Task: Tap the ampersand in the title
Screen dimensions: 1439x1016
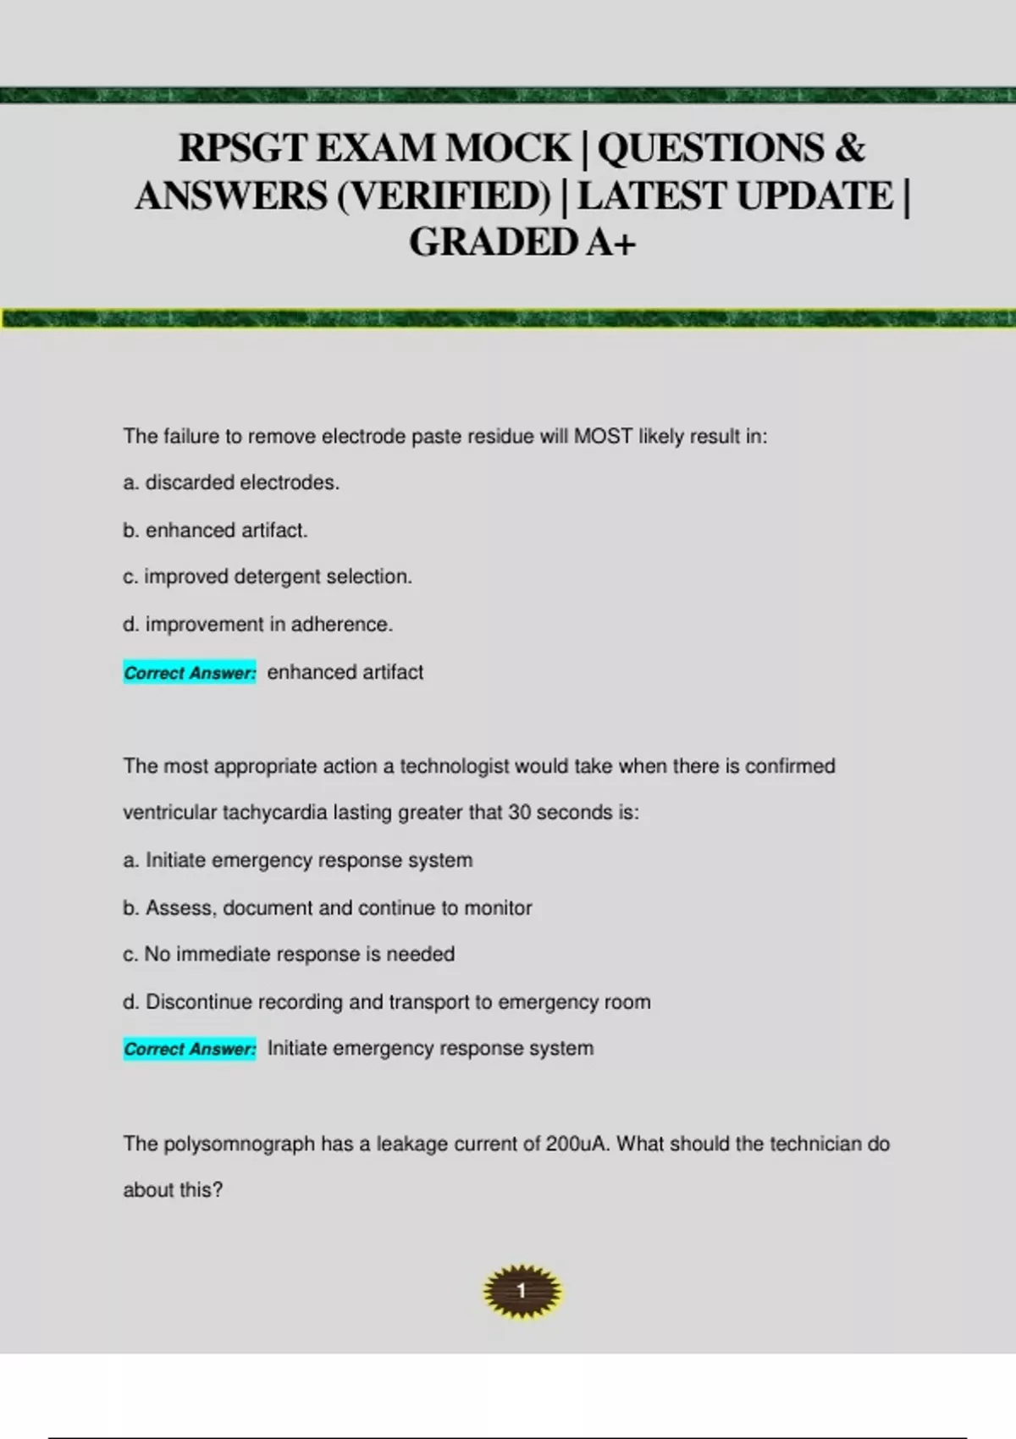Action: pos(849,149)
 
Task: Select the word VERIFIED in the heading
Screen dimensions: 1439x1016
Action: pos(444,196)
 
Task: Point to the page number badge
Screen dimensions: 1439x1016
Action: pos(522,1291)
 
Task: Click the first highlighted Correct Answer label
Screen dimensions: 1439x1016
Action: pos(190,673)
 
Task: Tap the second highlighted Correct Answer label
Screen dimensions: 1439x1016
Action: pos(190,1050)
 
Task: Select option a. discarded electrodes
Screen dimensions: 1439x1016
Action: pos(231,482)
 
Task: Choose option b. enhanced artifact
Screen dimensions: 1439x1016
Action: pos(215,530)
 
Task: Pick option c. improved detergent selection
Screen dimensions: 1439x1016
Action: pos(268,576)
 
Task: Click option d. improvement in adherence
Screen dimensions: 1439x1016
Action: pos(258,624)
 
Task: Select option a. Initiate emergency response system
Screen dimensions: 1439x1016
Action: pos(298,860)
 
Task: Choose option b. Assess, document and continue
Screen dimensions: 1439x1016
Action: pos(328,907)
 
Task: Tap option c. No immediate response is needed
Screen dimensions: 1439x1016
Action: pos(289,954)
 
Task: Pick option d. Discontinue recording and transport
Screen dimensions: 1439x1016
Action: pos(387,1001)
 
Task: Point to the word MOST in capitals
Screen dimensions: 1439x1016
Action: pos(603,436)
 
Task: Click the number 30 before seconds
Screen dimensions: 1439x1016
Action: pos(519,813)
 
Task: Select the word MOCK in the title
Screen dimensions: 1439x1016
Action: pos(508,149)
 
